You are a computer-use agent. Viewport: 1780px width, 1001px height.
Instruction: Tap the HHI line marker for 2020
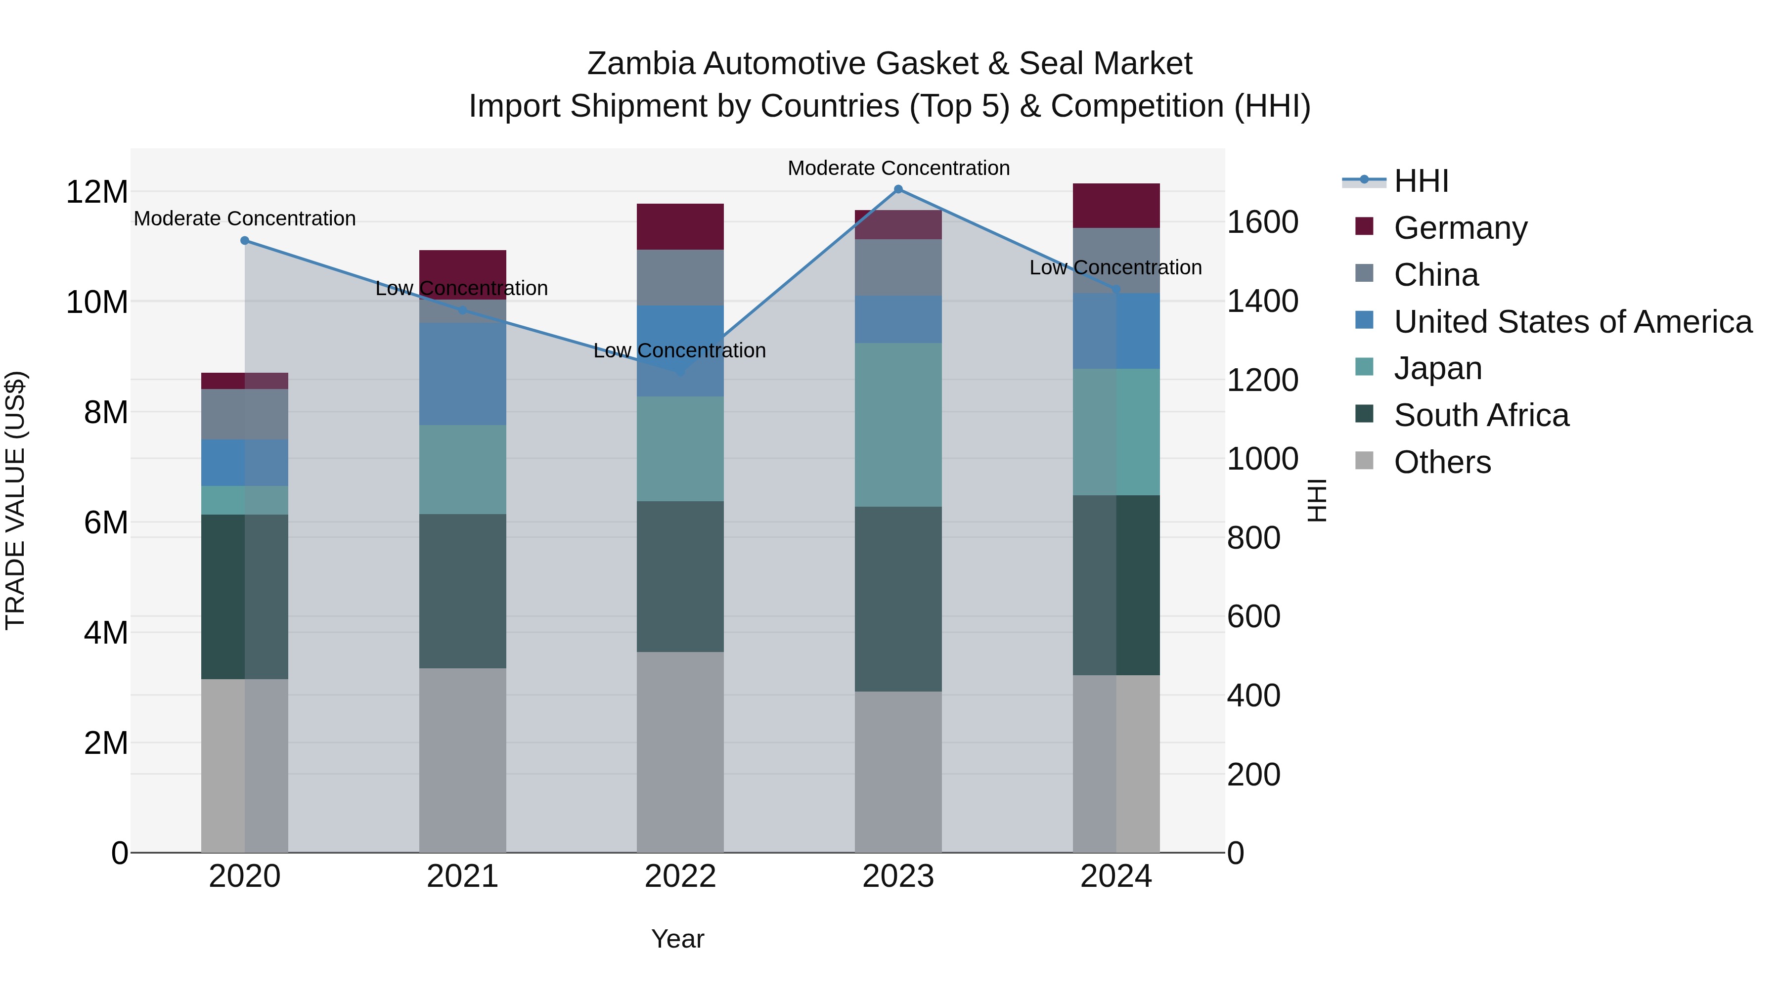coord(245,240)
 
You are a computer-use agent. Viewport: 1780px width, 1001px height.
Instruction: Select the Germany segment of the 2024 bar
coord(1116,206)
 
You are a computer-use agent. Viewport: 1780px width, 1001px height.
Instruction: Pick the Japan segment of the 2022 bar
coord(680,449)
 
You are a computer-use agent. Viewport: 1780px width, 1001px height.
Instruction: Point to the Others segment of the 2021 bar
coord(462,760)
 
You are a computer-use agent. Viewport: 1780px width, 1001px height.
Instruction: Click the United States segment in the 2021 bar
coord(462,374)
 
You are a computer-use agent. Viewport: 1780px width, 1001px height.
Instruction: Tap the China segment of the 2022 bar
coord(680,278)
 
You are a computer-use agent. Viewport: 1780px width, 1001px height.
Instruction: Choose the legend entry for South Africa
coord(1481,416)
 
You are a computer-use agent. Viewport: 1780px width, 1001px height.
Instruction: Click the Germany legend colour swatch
coord(1364,226)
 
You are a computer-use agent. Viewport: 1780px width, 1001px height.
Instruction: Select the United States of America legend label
coord(1573,322)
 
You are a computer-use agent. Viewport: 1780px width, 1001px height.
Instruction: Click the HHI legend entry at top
coord(1421,181)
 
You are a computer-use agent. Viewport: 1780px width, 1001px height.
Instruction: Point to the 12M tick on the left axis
coord(97,192)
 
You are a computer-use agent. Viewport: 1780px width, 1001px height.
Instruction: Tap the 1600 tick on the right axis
coord(1262,222)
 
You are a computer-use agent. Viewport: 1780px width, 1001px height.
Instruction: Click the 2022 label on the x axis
coord(680,876)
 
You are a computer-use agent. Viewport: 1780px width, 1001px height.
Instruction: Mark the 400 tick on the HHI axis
coord(1253,696)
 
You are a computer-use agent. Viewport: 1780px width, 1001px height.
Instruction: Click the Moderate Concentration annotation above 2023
coord(898,168)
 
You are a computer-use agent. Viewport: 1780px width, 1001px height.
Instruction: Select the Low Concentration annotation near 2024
coord(1115,267)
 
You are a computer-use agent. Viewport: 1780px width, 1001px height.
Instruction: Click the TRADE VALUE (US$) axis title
coord(15,500)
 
